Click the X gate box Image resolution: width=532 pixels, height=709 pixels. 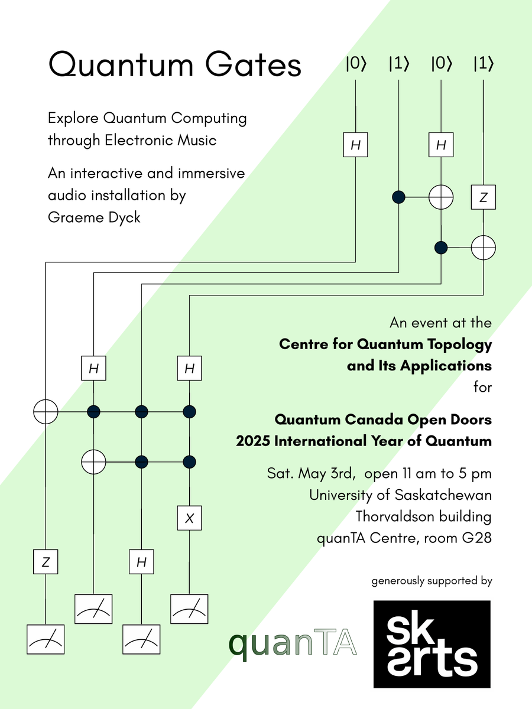click(189, 518)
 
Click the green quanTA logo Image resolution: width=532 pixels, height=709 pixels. click(293, 644)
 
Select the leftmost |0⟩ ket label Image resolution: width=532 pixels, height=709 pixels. click(356, 64)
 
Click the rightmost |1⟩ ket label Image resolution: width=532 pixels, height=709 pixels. click(484, 64)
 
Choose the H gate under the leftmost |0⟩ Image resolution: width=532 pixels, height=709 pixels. click(356, 145)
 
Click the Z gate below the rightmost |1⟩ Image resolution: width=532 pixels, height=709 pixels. click(484, 199)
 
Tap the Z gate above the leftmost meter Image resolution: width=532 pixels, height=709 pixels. click(46, 562)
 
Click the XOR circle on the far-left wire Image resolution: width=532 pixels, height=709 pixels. click(46, 411)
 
